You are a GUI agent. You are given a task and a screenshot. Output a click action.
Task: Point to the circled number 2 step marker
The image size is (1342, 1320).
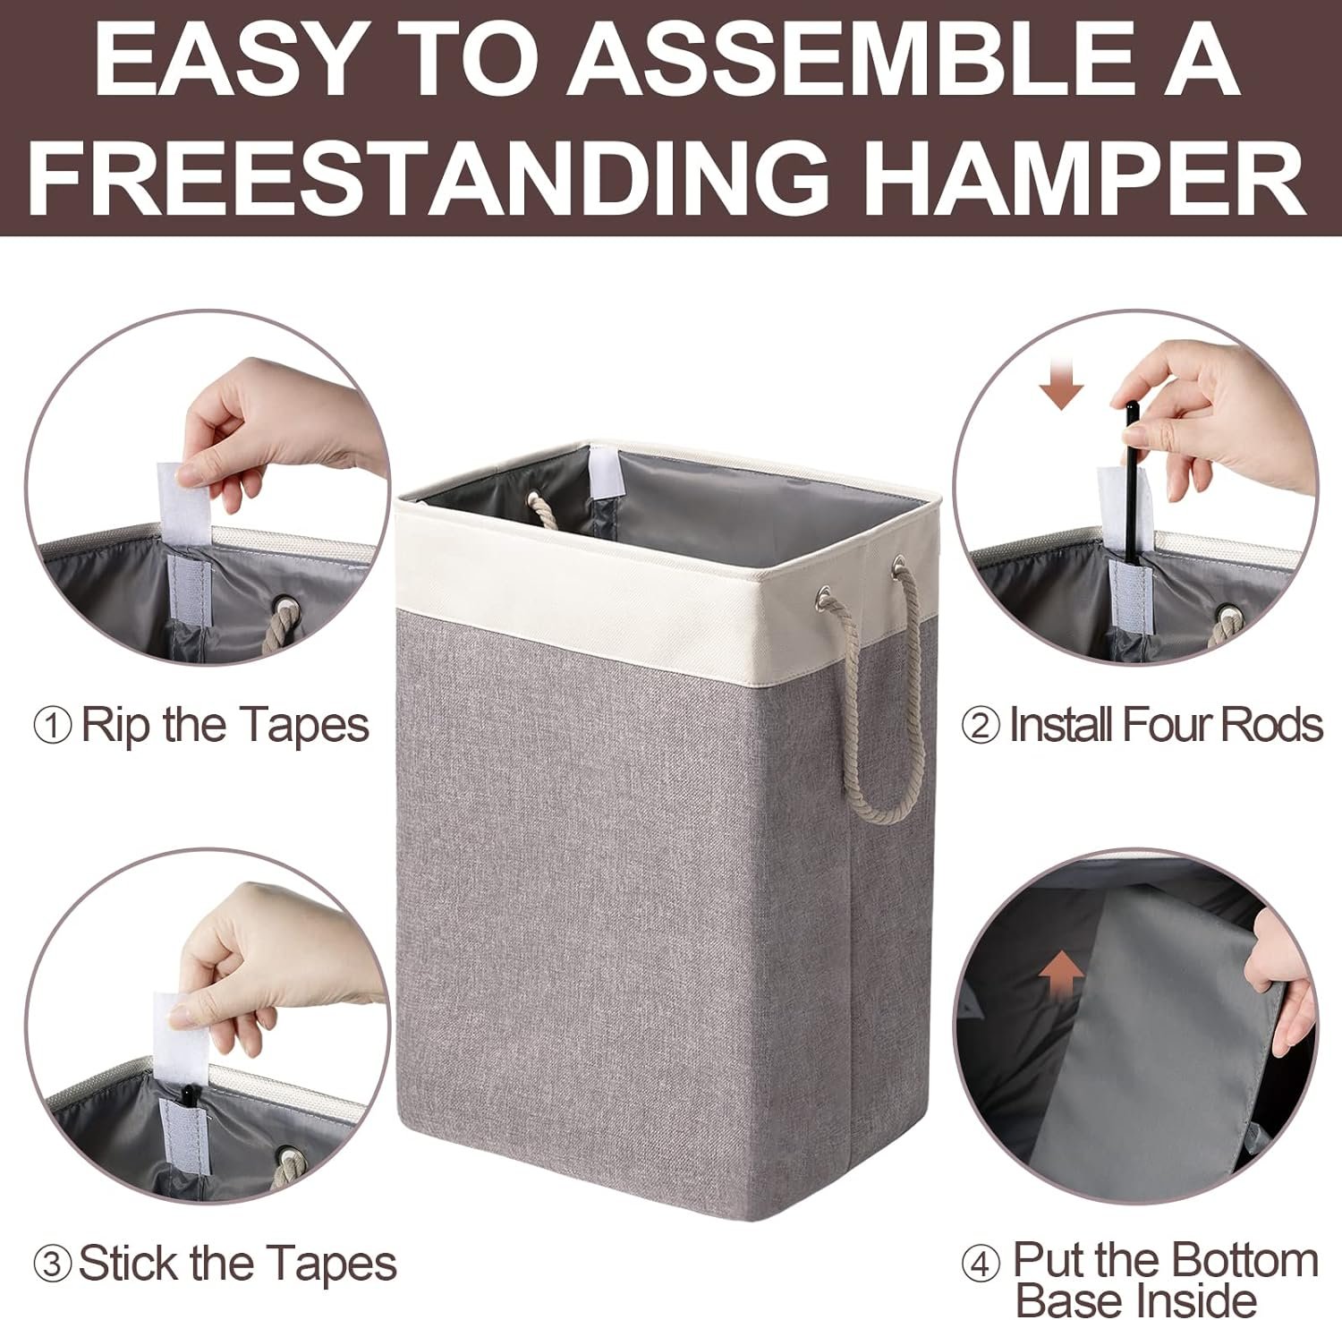(981, 726)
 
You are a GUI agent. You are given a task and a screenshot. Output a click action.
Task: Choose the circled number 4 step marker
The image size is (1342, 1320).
(981, 1265)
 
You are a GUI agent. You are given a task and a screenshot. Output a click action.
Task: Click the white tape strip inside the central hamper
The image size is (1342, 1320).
(606, 473)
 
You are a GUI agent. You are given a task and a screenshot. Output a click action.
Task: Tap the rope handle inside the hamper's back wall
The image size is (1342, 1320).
(544, 513)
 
